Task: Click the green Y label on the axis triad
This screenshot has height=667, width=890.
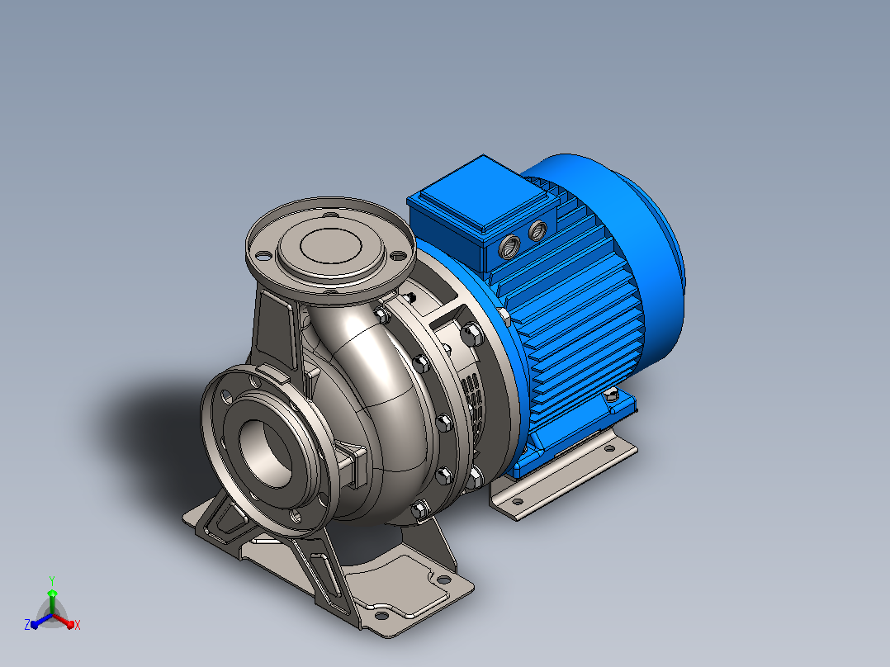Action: pyautogui.click(x=52, y=580)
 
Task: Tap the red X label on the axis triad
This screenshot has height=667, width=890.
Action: pyautogui.click(x=78, y=625)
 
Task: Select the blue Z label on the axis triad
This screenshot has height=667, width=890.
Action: pyautogui.click(x=27, y=624)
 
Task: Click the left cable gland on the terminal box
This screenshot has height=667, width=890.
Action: pyautogui.click(x=509, y=246)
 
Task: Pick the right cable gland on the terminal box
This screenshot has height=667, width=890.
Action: pyautogui.click(x=537, y=230)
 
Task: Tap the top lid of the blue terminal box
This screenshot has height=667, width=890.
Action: pyautogui.click(x=482, y=193)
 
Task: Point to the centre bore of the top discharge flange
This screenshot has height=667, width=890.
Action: pyautogui.click(x=331, y=246)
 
